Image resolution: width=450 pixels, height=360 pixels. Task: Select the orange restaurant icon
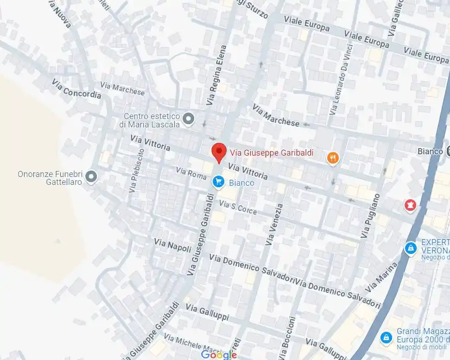(x=333, y=158)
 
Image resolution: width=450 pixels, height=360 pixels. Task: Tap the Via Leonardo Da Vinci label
(x=342, y=79)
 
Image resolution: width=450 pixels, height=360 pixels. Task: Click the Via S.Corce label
(x=238, y=208)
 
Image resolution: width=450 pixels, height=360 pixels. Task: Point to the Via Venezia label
(x=274, y=224)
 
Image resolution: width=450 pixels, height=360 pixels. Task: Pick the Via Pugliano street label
(x=371, y=216)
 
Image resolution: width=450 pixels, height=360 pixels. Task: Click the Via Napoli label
(x=172, y=246)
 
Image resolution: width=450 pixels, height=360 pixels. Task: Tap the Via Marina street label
(x=381, y=277)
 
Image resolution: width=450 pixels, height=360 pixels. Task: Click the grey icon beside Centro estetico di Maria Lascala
(x=188, y=120)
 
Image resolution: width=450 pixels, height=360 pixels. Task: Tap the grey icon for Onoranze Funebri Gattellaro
(x=91, y=177)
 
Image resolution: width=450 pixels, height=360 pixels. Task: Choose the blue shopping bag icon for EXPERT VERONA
(x=410, y=249)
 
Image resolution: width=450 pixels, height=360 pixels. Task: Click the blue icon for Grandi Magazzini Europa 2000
(x=386, y=337)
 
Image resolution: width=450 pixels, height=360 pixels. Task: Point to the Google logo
(x=219, y=354)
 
